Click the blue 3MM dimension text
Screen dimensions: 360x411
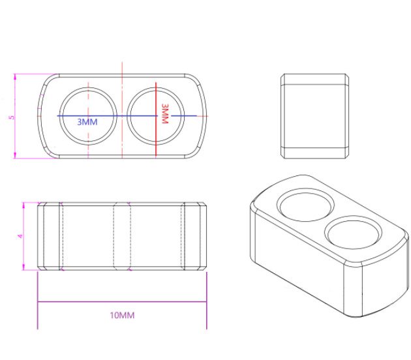coord(87,122)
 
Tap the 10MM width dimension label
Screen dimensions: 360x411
coord(122,316)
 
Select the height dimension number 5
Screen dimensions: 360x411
coord(10,117)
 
